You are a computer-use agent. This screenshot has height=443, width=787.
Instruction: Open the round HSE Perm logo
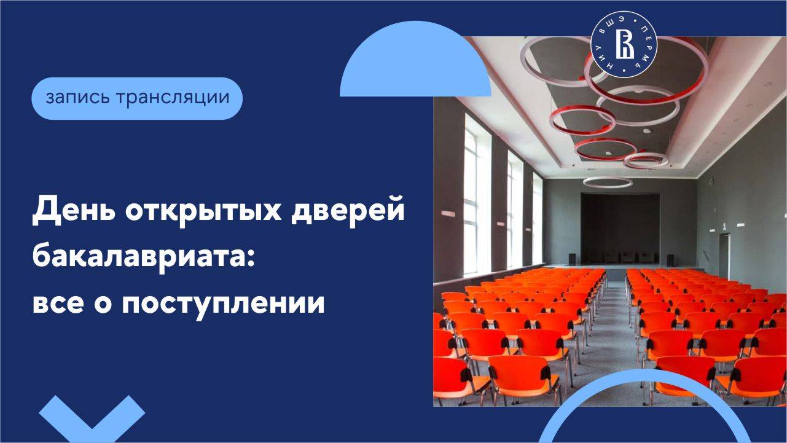point(624,45)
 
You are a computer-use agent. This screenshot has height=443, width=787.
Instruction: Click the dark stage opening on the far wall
point(621,228)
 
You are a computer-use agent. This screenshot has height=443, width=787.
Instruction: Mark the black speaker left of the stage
point(572,259)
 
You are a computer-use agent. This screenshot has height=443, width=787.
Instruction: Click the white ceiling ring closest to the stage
point(608,182)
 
